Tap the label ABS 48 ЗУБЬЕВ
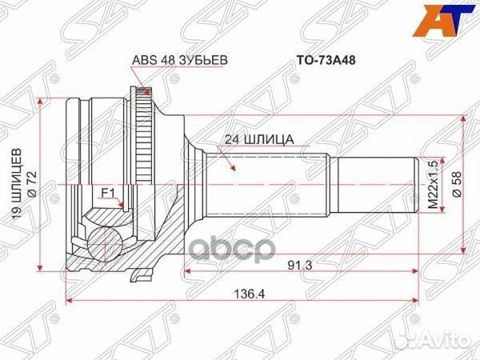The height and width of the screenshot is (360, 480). [x=167, y=58]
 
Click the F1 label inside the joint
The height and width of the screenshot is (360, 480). [x=106, y=192]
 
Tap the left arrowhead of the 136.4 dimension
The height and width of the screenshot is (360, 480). [x=68, y=301]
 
